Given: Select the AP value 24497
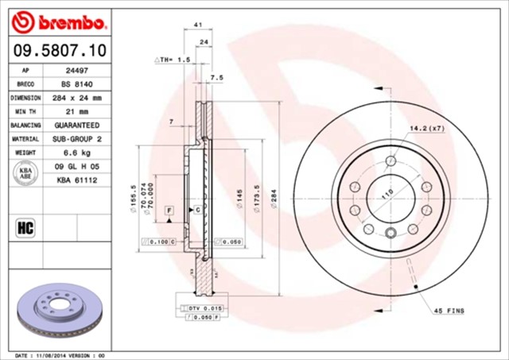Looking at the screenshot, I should (76, 70).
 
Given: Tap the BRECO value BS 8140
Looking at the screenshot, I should (76, 83).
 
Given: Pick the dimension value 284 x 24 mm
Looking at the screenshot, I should (76, 98).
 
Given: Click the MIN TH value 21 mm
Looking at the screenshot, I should (76, 111).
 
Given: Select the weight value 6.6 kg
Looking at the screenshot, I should (76, 153).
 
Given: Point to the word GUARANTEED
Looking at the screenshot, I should (76, 126).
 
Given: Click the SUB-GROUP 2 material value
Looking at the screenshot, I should (76, 139).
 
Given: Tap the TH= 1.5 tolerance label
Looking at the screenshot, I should (173, 60).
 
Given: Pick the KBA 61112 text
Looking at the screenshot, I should (76, 180).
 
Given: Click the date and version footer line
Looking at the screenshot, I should (60, 354).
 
